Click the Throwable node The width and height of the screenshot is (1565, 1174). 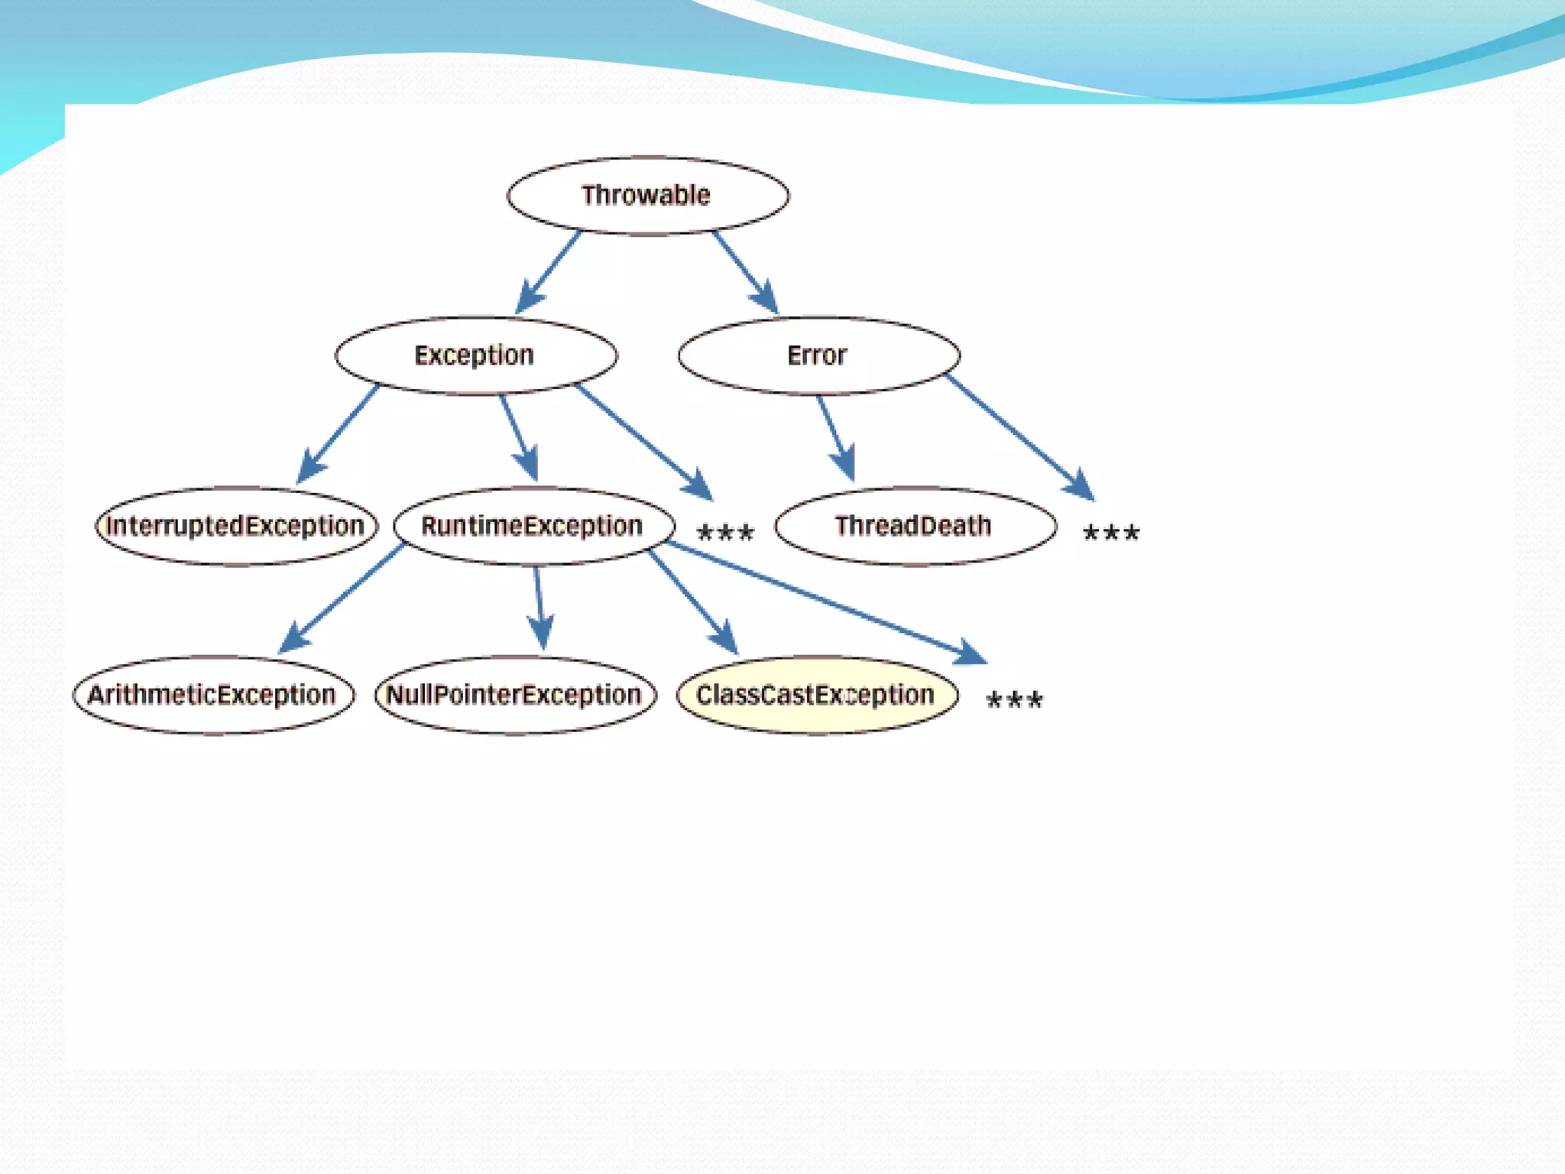click(x=647, y=196)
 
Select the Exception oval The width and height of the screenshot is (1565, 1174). click(x=475, y=355)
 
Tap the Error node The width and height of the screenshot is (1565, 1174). click(x=818, y=355)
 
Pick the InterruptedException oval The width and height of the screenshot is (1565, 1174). click(x=236, y=526)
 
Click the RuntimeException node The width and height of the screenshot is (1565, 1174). click(x=533, y=526)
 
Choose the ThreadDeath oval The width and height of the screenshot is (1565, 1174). click(x=915, y=526)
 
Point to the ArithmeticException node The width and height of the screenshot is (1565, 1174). click(x=213, y=695)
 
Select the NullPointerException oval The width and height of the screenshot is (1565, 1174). click(x=515, y=695)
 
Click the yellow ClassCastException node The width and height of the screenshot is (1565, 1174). click(x=816, y=695)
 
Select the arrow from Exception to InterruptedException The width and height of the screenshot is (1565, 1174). click(x=338, y=435)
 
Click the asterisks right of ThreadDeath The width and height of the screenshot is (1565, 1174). click(x=1111, y=532)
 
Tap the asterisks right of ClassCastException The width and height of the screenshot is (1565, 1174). click(x=1014, y=699)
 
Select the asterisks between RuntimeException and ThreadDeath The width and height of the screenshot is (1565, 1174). click(x=725, y=532)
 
